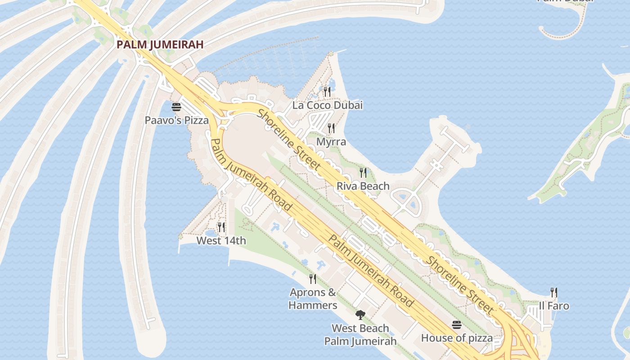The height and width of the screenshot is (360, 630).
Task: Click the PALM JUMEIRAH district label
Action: click(160, 45)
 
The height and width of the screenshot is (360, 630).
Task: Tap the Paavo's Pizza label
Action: click(176, 120)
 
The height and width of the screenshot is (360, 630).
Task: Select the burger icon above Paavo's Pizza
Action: click(176, 107)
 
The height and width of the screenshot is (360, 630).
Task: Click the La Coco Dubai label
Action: click(327, 105)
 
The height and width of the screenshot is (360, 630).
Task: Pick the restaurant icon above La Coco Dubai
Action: click(327, 92)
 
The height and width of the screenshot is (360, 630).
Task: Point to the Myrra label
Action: click(331, 142)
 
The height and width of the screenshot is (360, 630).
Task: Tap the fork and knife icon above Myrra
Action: click(331, 128)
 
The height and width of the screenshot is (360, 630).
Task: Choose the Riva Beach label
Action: click(363, 186)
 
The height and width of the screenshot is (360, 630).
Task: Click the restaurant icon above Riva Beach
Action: click(363, 172)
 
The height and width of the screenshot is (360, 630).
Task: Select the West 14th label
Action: click(221, 241)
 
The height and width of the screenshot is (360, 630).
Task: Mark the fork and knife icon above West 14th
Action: click(221, 227)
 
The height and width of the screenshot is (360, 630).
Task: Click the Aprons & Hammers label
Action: click(313, 299)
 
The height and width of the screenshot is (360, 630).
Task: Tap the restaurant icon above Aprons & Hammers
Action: click(313, 279)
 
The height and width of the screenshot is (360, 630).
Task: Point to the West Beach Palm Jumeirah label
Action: click(360, 334)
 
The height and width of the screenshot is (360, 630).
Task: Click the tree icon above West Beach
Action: click(360, 315)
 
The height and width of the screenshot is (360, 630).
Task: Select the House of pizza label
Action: click(457, 337)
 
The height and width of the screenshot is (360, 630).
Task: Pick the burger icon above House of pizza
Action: click(457, 325)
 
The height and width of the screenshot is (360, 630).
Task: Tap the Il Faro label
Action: click(554, 306)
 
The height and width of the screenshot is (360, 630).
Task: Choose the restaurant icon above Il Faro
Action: click(554, 292)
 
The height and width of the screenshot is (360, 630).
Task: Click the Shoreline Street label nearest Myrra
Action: click(289, 140)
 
